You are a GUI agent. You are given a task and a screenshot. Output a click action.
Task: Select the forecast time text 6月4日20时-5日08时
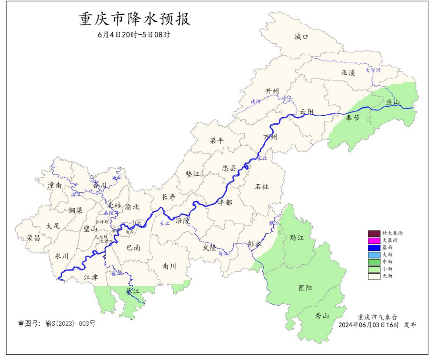(x=134, y=35)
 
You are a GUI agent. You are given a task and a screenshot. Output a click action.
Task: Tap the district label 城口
(x=301, y=37)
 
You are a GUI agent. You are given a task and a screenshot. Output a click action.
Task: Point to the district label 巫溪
(x=348, y=73)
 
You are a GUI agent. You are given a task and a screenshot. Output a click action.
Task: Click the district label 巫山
(x=393, y=102)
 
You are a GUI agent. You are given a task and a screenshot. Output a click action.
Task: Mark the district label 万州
(x=270, y=138)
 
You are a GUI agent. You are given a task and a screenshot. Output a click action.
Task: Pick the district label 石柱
(x=262, y=187)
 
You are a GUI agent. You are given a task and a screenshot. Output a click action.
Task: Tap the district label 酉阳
(x=305, y=288)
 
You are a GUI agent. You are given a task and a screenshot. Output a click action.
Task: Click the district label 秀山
(x=322, y=316)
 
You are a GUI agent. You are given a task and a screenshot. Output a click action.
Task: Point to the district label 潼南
(x=55, y=185)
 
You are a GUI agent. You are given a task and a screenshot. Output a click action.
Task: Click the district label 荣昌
(x=33, y=238)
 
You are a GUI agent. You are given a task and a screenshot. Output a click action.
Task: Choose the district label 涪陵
(x=182, y=221)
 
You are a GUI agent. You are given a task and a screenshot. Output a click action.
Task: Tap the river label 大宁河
(x=373, y=70)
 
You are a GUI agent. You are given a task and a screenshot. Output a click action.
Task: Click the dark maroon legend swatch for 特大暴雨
(x=374, y=233)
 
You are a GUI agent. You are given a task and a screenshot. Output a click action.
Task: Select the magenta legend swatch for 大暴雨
(x=374, y=240)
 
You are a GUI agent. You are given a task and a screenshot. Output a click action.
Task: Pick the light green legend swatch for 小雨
(x=374, y=269)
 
